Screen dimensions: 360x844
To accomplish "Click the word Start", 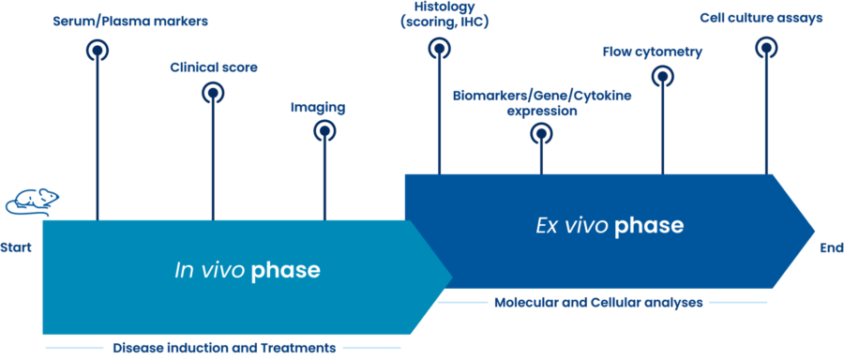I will point(17,248).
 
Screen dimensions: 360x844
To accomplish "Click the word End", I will point(831,248).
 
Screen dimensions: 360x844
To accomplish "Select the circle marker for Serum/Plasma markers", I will point(97,50).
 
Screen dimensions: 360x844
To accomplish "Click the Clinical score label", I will point(214,67).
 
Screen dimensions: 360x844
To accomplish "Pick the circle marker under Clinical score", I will point(213,92).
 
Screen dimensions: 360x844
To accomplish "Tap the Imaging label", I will point(318,108).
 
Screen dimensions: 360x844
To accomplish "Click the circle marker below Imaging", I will point(324,131).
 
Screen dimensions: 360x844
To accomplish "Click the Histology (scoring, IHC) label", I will point(438,14).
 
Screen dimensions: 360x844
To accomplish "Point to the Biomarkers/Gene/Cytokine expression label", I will point(542,102).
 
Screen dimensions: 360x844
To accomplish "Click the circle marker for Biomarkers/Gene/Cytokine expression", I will point(541,134).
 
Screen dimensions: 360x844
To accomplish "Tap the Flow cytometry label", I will point(652,52).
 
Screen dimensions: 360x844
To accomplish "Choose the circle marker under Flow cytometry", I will point(662,75).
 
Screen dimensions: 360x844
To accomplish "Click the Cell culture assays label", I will point(761,18).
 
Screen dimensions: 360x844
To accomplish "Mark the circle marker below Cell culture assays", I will point(766,46).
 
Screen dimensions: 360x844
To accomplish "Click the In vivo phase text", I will point(248,271).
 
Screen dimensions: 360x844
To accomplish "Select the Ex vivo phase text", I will point(610,226).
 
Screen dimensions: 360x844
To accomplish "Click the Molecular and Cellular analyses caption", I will point(598,303).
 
